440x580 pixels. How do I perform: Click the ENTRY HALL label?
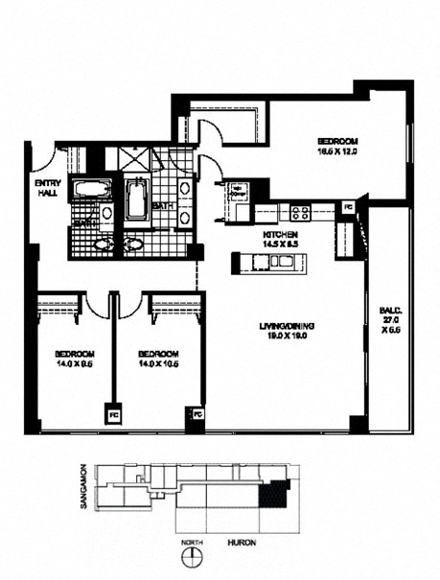[44, 188]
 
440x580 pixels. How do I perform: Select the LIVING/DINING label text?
[287, 328]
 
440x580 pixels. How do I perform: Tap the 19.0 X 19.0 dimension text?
[287, 337]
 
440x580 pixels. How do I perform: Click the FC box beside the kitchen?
[347, 206]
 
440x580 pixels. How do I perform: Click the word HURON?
[241, 543]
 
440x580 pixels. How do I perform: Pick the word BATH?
[161, 206]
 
